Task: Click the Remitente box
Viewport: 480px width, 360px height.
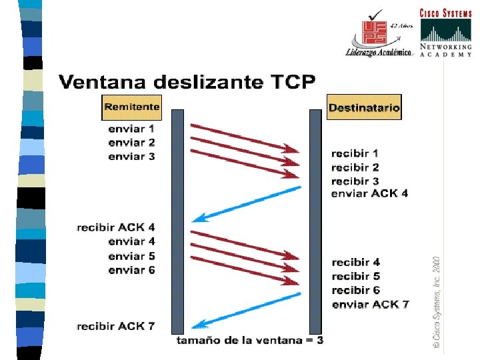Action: [x=132, y=107]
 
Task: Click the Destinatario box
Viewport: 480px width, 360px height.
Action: [x=365, y=107]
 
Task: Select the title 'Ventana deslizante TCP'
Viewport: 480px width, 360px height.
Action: [x=187, y=83]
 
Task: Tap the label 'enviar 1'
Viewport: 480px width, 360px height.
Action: [x=131, y=128]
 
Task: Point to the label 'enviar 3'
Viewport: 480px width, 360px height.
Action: [x=131, y=156]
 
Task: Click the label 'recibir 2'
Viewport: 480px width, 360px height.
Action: [x=355, y=167]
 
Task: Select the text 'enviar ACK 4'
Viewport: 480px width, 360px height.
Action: [x=369, y=194]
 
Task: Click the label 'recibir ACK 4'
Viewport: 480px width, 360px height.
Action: [x=116, y=227]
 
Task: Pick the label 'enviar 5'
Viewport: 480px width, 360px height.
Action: [x=131, y=256]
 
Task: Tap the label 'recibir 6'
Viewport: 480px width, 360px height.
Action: [x=355, y=290]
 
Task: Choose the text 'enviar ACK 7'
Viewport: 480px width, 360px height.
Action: [x=370, y=305]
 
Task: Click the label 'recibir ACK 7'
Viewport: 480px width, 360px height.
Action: [x=116, y=326]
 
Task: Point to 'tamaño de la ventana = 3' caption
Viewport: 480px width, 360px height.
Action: [x=250, y=341]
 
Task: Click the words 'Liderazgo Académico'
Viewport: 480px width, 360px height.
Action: [x=378, y=53]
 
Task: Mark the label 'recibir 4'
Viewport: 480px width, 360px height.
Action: [x=355, y=262]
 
